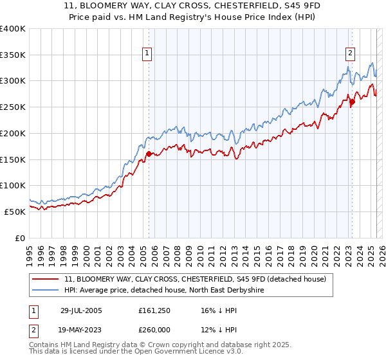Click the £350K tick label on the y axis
pos(13,55)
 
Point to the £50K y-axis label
pos(15,212)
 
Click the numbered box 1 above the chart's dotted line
pos(148,53)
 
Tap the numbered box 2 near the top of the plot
pos(351,53)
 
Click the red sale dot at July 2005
pos(149,154)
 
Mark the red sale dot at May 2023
pos(352,102)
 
